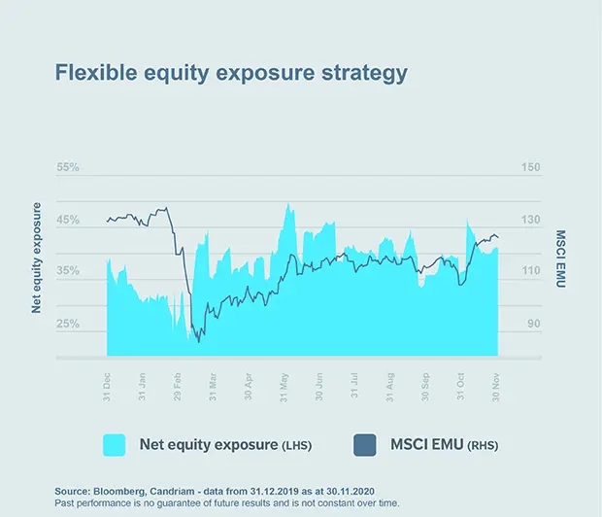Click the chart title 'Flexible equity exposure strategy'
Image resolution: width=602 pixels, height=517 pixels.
231,73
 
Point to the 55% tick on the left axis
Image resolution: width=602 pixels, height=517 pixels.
67,168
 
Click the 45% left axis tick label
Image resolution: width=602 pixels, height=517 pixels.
67,221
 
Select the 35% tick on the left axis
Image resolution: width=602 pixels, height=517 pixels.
67,272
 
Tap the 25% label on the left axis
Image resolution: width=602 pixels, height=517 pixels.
67,325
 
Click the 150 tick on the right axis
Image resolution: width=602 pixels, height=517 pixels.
530,168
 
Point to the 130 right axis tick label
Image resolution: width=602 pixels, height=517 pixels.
530,221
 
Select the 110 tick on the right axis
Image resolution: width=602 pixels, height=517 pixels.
530,272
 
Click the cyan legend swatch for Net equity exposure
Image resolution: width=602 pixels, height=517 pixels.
115,445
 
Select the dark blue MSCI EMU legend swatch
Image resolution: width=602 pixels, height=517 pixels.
362,445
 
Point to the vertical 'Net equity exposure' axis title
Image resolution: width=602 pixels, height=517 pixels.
37,257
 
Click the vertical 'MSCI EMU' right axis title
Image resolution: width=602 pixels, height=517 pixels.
560,257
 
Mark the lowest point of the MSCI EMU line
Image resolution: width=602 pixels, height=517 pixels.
199,341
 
